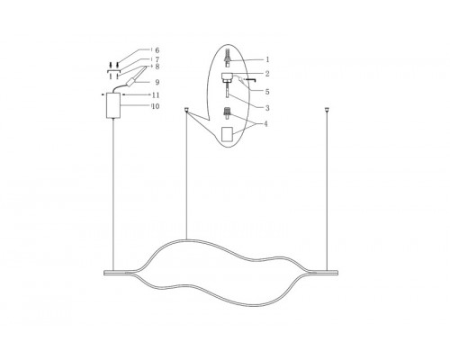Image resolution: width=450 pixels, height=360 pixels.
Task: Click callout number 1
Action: point(267,59)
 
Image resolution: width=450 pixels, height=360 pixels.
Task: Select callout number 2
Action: point(267,74)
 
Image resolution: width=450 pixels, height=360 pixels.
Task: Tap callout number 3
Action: point(267,108)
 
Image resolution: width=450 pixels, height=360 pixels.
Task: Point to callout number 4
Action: point(265,124)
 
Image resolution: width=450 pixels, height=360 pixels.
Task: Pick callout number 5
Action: point(267,92)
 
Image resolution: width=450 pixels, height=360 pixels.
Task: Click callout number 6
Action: point(157,50)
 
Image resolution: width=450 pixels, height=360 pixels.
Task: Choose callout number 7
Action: point(157,59)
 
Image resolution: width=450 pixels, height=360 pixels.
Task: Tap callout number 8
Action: point(157,67)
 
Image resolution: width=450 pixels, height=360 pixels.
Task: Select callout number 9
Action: point(157,82)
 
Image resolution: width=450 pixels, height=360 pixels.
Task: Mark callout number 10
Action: point(156,106)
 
